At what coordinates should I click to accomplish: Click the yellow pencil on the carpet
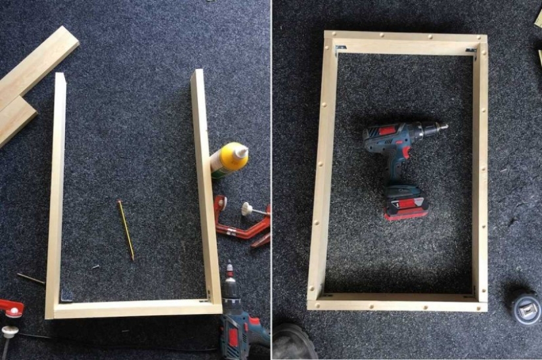coord(125,231)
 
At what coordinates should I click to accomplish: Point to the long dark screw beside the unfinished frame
coord(30,279)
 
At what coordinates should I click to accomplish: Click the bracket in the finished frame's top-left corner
coord(340,49)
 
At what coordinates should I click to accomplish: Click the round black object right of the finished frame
coord(524,306)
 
